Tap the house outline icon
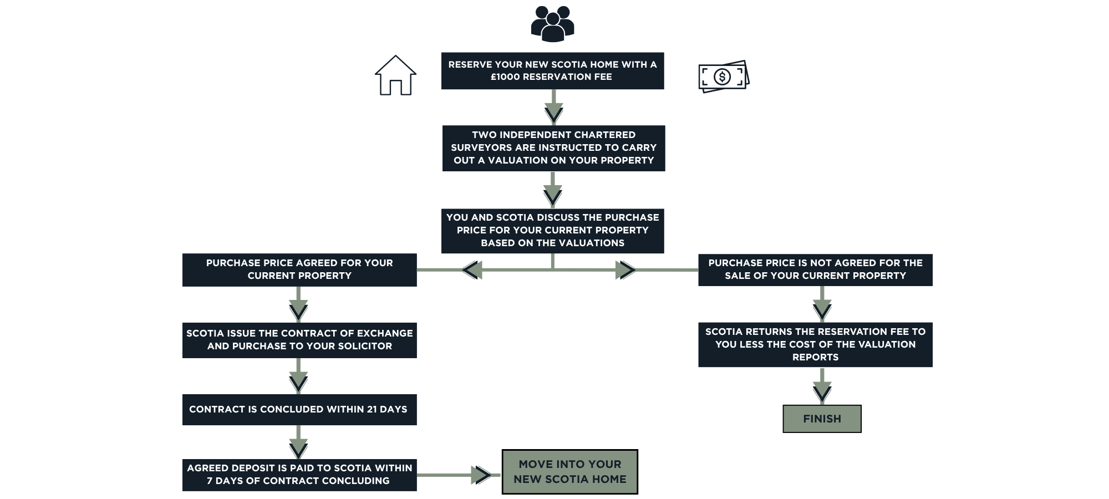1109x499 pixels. [x=395, y=75]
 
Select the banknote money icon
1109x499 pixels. [x=724, y=77]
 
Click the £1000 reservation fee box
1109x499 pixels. [x=552, y=71]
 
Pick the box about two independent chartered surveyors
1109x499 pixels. [x=553, y=148]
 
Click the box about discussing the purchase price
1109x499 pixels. [x=552, y=231]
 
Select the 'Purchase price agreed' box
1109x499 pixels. [x=299, y=269]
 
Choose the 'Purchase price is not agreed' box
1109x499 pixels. [x=815, y=269]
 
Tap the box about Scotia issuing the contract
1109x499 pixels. [x=299, y=340]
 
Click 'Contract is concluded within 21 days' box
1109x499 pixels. [x=299, y=409]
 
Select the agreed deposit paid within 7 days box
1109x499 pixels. [x=299, y=475]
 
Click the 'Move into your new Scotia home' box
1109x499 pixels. [x=569, y=472]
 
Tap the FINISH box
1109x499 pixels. [x=822, y=419]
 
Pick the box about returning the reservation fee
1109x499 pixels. [x=815, y=344]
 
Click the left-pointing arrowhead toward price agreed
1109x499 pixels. [x=472, y=270]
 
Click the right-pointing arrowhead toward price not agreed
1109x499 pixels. [x=625, y=270]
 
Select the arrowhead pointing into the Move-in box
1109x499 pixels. [x=481, y=475]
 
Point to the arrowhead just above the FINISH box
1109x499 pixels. [x=822, y=393]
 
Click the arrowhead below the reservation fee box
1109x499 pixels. [x=553, y=114]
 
